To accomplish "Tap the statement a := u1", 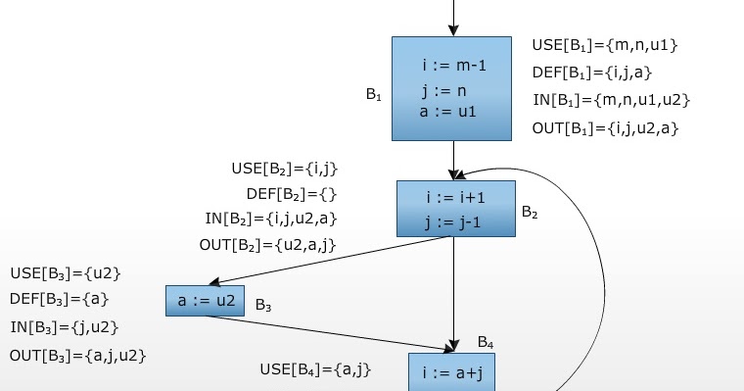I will tap(448, 112).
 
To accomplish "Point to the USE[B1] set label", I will tap(604, 45).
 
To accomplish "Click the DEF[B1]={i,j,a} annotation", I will tap(592, 72).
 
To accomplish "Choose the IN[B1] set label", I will tap(611, 99).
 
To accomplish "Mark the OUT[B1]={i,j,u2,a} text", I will tap(605, 127).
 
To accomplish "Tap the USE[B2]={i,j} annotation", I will tap(284, 169).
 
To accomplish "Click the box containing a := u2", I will tap(205, 301).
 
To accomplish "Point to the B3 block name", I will tap(262, 306).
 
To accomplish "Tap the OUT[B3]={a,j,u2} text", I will tap(77, 355).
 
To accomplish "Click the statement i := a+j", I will tap(451, 373).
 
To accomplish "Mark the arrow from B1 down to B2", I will tap(452, 159).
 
